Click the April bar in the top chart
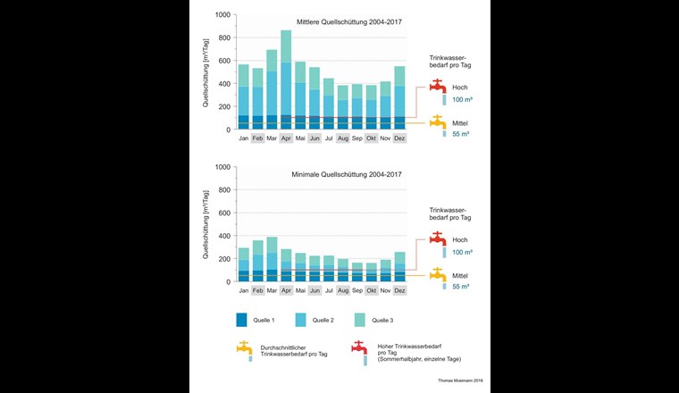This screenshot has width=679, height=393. tap(286, 80)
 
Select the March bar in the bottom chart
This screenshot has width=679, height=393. tap(272, 259)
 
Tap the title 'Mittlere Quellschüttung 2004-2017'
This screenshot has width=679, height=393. tap(349, 23)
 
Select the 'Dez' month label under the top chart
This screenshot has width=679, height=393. tap(399, 139)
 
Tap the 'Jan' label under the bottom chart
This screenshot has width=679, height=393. tap(243, 291)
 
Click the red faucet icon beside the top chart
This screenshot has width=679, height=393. tap(438, 87)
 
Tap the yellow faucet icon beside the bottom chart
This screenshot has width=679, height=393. tap(438, 274)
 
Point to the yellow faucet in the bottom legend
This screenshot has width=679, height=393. tap(244, 348)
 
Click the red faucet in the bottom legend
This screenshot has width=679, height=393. tap(360, 348)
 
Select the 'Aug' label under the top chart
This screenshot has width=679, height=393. tap(343, 139)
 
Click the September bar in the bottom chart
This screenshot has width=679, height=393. tap(357, 272)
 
